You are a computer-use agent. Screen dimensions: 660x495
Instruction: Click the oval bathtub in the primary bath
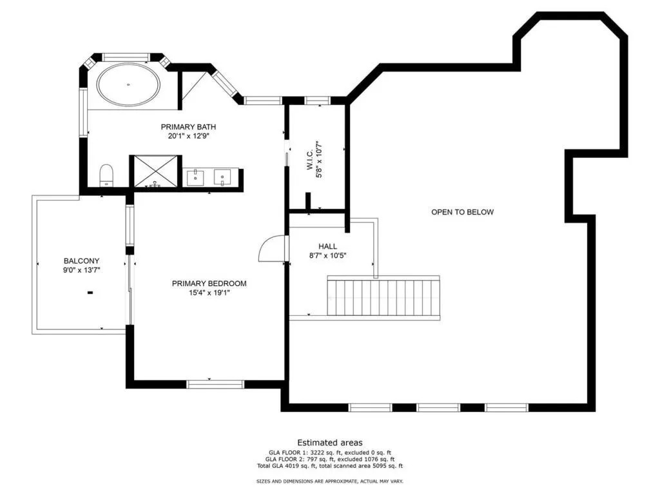(x=128, y=84)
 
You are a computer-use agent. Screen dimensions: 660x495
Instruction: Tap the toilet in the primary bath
(x=106, y=175)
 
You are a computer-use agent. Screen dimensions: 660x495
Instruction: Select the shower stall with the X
(x=156, y=171)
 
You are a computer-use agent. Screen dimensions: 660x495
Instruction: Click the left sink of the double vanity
(x=195, y=178)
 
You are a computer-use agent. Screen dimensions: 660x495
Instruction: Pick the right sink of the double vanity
(x=222, y=177)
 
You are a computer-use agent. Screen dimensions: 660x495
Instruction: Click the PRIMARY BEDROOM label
(x=209, y=284)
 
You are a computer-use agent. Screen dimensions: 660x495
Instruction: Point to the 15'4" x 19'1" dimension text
(x=209, y=293)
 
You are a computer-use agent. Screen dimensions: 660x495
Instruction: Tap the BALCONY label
(x=82, y=261)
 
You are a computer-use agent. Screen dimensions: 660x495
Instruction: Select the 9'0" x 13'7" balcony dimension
(x=82, y=270)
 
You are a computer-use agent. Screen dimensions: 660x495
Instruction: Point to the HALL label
(x=327, y=246)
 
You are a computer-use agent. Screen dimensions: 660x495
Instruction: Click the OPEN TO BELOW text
(x=463, y=212)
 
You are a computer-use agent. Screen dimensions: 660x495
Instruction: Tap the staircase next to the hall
(x=384, y=298)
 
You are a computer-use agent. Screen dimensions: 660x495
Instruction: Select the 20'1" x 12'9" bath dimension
(x=189, y=137)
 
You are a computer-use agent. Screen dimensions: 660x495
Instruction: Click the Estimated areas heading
(x=330, y=443)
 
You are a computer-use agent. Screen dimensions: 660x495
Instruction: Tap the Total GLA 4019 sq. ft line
(x=330, y=466)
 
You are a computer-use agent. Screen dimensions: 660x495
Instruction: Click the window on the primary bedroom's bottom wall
(x=215, y=384)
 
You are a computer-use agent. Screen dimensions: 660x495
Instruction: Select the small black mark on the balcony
(x=90, y=293)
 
